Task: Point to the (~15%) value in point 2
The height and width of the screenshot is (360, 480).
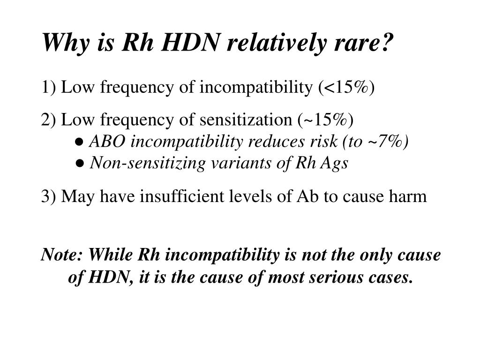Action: (326, 120)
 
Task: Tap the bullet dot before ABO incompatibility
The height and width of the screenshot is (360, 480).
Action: (80, 142)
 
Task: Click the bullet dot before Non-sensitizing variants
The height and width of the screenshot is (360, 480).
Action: (80, 164)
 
